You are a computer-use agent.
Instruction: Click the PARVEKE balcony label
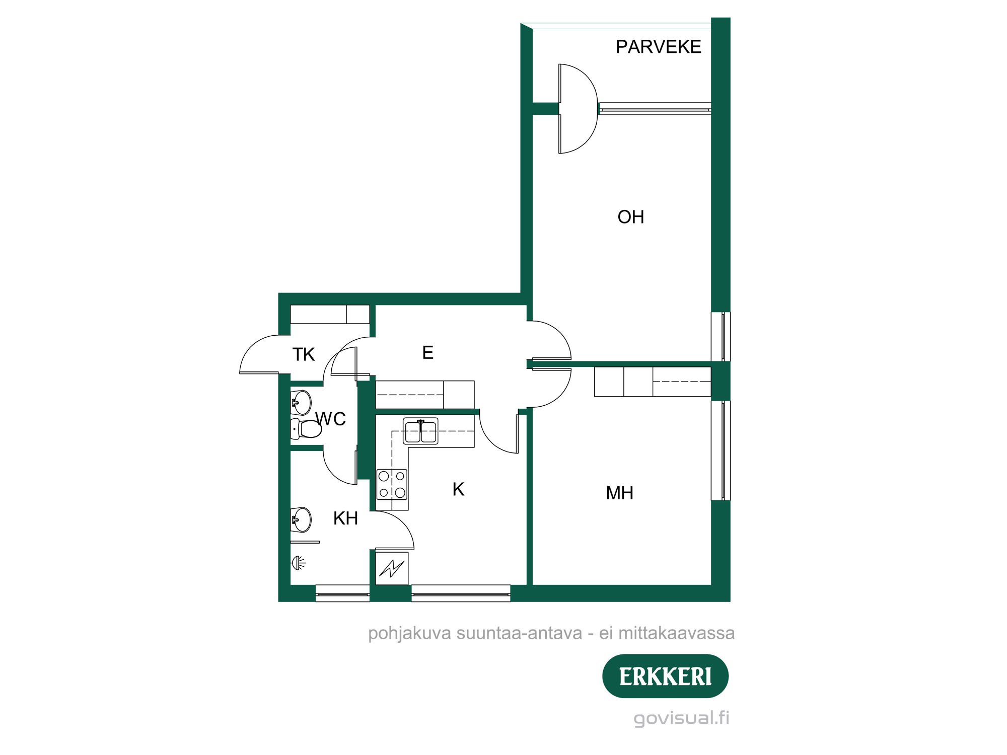click(658, 47)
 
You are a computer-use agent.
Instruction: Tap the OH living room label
click(630, 217)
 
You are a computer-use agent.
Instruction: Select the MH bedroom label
click(619, 493)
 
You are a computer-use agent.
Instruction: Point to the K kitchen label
click(458, 489)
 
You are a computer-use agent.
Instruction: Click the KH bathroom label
click(345, 518)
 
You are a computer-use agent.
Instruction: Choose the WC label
click(331, 419)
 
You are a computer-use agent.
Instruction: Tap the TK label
click(304, 354)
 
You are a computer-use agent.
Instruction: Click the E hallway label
click(427, 352)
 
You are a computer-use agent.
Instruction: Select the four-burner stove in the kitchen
click(392, 484)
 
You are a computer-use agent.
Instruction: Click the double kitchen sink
click(420, 431)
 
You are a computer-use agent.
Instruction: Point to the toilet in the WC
click(308, 429)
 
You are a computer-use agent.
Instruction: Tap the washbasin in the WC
click(301, 402)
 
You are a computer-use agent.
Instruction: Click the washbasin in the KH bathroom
click(302, 519)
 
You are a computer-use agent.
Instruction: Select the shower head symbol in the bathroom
click(298, 562)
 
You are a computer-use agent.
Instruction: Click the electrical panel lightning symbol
click(392, 568)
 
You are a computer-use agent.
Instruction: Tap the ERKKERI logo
click(665, 676)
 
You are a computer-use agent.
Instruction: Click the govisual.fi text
click(681, 718)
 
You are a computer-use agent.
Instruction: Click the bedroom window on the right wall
click(721, 450)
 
